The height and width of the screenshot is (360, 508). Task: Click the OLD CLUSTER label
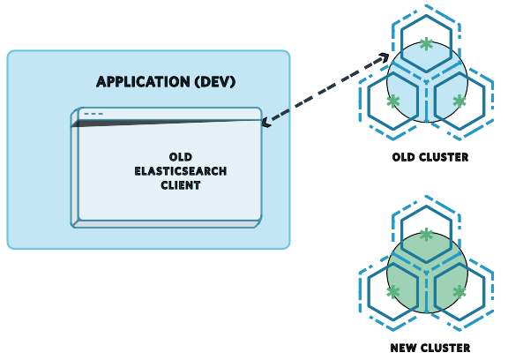click(430, 158)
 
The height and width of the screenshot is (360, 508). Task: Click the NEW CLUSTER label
click(430, 348)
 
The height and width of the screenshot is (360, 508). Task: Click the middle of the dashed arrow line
click(325, 88)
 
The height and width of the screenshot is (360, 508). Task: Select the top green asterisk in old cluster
click(427, 42)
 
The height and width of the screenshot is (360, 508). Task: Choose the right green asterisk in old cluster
click(459, 101)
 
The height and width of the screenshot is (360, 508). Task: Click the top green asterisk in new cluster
click(427, 234)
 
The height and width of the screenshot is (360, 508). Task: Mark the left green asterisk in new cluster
click(393, 292)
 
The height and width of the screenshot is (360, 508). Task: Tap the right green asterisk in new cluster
click(459, 292)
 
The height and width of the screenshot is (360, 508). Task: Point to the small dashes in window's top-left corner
click(93, 114)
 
